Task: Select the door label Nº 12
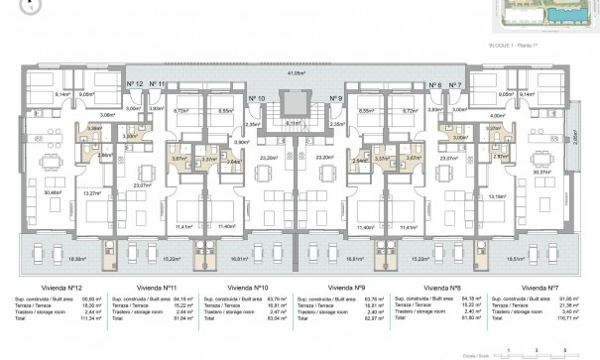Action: (137, 83)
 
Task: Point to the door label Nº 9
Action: (335, 98)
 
